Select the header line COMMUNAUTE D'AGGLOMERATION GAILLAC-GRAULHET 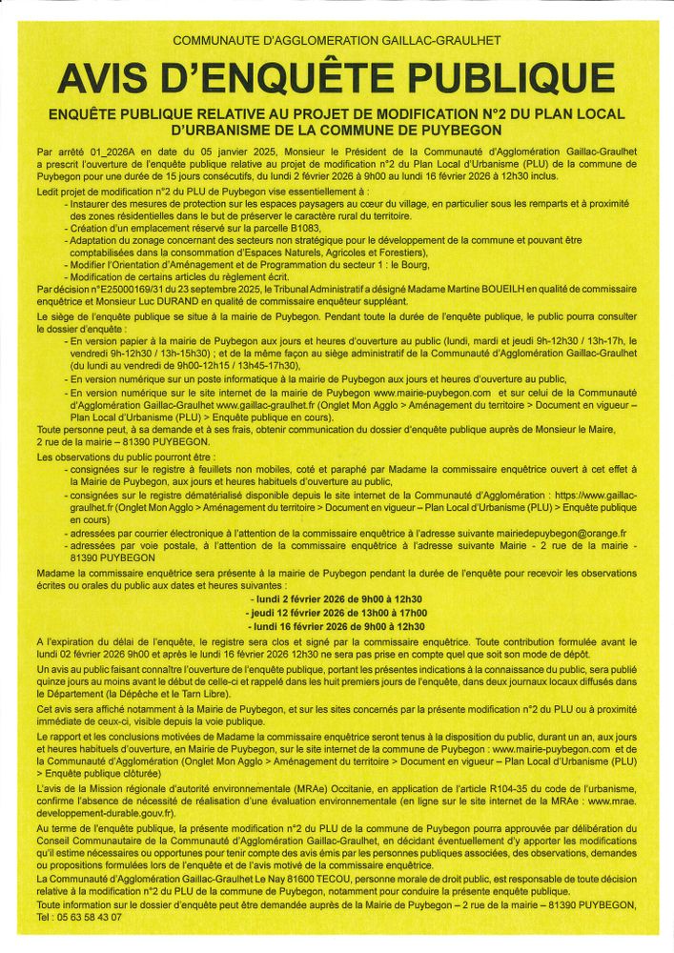coord(337,42)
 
